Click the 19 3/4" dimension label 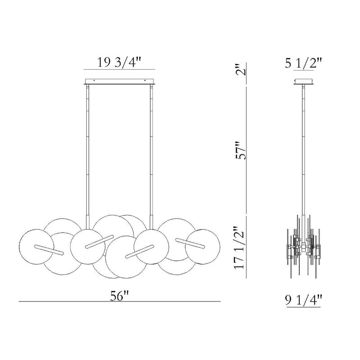click(x=119, y=62)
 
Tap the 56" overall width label click(x=119, y=296)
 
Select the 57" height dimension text click(x=241, y=150)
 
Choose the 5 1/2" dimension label click(x=303, y=63)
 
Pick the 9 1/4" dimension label click(x=303, y=300)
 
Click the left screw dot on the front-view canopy click(x=94, y=81)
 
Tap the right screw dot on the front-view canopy click(x=145, y=81)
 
